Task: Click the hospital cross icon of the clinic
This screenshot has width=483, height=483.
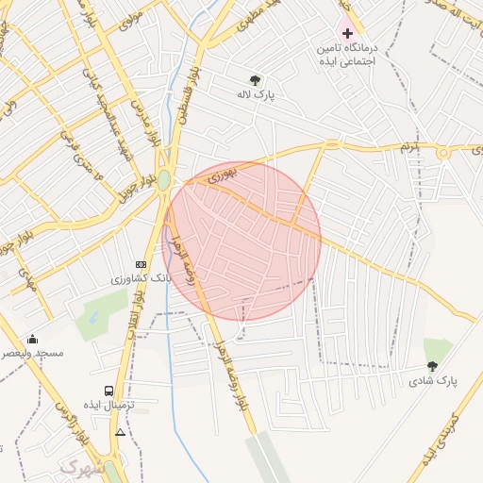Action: pyautogui.click(x=347, y=33)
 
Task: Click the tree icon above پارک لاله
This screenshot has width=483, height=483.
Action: pyautogui.click(x=256, y=80)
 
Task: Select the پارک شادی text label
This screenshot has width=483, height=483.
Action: pyautogui.click(x=433, y=381)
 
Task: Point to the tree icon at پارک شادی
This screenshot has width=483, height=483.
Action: pyautogui.click(x=432, y=366)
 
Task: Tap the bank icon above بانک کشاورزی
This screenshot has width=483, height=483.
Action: pyautogui.click(x=142, y=264)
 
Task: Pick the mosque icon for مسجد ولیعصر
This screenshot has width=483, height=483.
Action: pyautogui.click(x=34, y=339)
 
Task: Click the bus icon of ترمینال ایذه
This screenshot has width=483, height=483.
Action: pyautogui.click(x=109, y=390)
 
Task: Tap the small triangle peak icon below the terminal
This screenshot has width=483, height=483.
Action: pyautogui.click(x=120, y=432)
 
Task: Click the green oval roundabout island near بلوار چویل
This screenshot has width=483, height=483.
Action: pyautogui.click(x=164, y=180)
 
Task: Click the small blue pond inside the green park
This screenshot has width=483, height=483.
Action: pyautogui.click(x=94, y=316)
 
